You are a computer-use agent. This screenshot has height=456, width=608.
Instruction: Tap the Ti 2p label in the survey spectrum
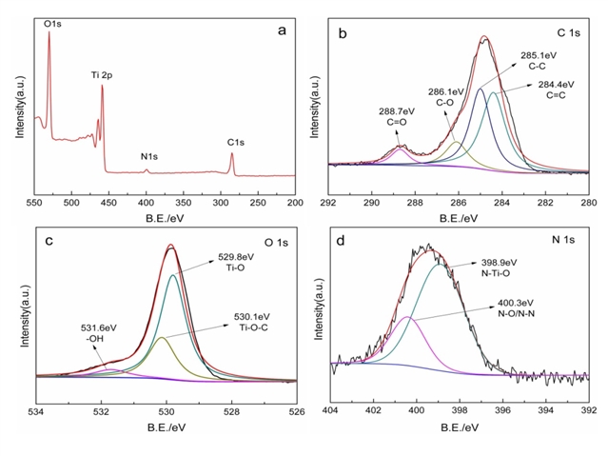click(x=104, y=74)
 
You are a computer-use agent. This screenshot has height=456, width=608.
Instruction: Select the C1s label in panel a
click(x=236, y=143)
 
